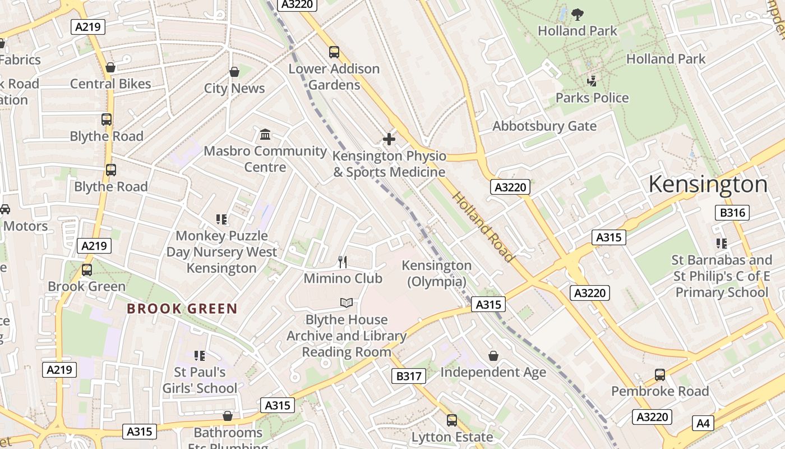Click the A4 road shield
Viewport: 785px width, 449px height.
pyautogui.click(x=703, y=423)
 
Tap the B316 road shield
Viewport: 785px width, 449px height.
pyautogui.click(x=732, y=212)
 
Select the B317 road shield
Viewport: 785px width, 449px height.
pyautogui.click(x=408, y=375)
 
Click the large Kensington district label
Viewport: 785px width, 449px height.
pyautogui.click(x=708, y=185)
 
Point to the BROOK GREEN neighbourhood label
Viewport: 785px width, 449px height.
pyautogui.click(x=182, y=308)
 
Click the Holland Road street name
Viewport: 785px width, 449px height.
pyautogui.click(x=483, y=227)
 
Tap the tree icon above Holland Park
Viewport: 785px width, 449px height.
pyautogui.click(x=577, y=14)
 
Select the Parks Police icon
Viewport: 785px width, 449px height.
pyautogui.click(x=592, y=81)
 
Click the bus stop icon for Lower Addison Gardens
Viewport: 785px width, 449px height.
pyautogui.click(x=334, y=52)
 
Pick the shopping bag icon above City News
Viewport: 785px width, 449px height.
pyautogui.click(x=234, y=72)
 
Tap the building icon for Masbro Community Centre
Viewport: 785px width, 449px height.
pyautogui.click(x=265, y=134)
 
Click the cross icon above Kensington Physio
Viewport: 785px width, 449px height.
pyautogui.click(x=389, y=139)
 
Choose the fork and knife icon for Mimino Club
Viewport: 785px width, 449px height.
pyautogui.click(x=343, y=262)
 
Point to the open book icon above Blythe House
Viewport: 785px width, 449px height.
pyautogui.click(x=347, y=303)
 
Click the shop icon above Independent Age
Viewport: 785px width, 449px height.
pyautogui.click(x=493, y=356)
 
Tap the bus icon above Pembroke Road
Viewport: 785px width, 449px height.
pyautogui.click(x=660, y=374)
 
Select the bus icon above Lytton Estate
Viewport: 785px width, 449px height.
pyautogui.click(x=452, y=420)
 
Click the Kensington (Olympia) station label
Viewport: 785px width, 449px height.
pyautogui.click(x=437, y=273)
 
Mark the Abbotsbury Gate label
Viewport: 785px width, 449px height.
pyautogui.click(x=544, y=126)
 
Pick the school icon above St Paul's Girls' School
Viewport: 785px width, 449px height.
pyautogui.click(x=199, y=355)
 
